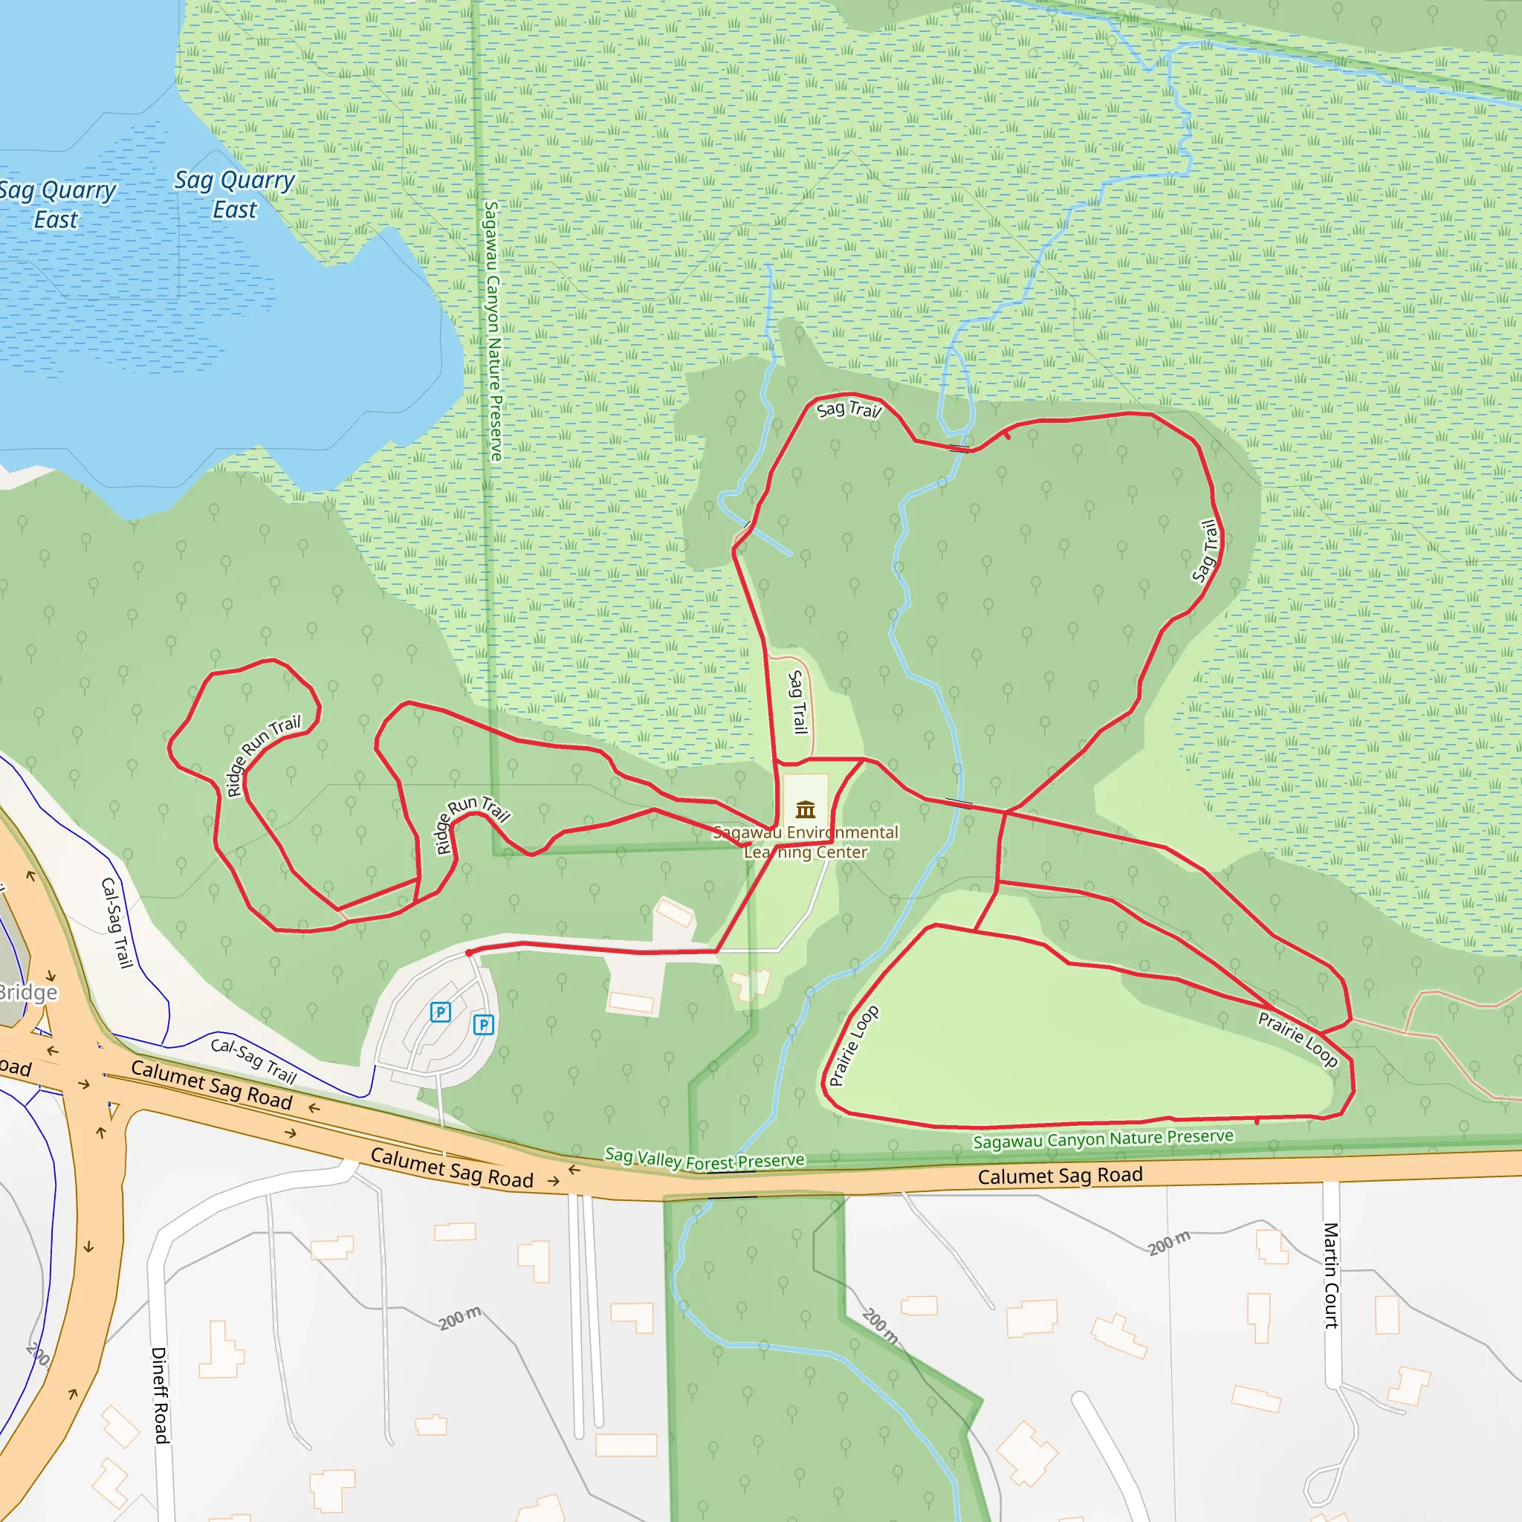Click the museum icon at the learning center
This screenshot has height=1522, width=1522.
tap(805, 809)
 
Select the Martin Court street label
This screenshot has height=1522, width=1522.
tap(1330, 1275)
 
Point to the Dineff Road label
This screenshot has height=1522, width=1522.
tap(160, 1395)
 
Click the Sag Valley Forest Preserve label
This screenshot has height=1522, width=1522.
tap(705, 1159)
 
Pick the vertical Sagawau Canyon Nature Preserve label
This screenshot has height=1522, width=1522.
tap(493, 330)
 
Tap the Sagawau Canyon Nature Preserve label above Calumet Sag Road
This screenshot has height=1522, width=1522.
tap(1103, 1139)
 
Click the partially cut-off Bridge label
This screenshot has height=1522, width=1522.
tap(27, 993)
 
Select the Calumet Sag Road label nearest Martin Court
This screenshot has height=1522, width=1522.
tap(1060, 1176)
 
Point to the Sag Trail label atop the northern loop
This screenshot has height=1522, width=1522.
tap(849, 409)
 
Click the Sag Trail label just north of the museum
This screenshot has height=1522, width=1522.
tap(798, 701)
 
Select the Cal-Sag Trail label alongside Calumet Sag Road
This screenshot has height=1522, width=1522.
tap(253, 1060)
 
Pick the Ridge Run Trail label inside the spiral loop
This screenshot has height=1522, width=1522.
tap(263, 756)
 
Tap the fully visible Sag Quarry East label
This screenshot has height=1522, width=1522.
tap(234, 195)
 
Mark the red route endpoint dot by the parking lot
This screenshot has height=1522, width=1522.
tap(469, 953)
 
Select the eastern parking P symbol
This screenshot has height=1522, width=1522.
tap(483, 1024)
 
